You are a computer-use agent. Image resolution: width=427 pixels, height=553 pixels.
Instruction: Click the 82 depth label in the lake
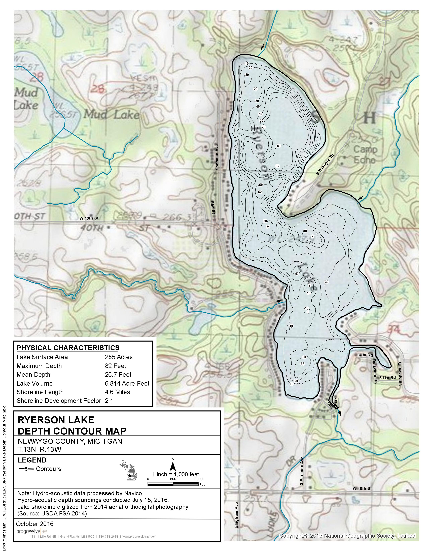pos(277,166)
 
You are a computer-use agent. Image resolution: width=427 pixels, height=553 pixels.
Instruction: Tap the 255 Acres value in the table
pos(119,357)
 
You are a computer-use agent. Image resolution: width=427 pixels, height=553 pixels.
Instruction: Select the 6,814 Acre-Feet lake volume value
pos(127,383)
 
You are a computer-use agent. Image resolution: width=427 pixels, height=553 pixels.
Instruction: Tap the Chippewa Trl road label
pos(400,373)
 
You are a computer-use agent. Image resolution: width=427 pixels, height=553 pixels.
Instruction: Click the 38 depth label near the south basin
pos(303,364)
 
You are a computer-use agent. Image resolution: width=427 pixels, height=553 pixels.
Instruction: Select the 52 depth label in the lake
pos(260,192)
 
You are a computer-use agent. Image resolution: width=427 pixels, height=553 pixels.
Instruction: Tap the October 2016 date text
pos(35,524)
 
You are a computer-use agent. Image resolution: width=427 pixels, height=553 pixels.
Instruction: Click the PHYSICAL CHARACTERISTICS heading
pos(68,348)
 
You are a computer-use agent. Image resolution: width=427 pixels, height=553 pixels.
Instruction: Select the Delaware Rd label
pos(375,371)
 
